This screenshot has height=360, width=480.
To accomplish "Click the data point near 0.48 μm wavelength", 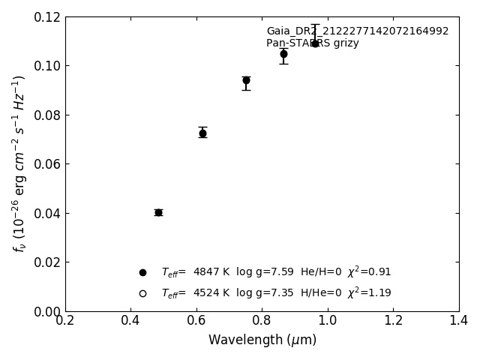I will tap(158, 212).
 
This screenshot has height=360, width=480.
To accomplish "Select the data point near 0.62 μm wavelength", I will tap(202, 133).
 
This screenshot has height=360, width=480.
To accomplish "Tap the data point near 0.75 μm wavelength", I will tap(246, 80).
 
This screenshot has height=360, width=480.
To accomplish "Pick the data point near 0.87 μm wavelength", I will tap(283, 54).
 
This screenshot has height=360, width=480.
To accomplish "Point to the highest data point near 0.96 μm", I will tap(315, 43).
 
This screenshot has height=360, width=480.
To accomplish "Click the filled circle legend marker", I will tap(142, 272).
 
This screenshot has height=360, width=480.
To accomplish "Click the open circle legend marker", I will tap(142, 293).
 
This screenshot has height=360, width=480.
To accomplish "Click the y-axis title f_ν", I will tap(19, 163).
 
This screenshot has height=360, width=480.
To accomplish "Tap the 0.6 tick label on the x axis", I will tap(196, 321).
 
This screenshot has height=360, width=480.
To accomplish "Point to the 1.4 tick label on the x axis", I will tap(459, 321).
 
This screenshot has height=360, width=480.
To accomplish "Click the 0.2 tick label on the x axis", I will tap(65, 321).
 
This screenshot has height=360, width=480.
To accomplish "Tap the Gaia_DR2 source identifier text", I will tap(357, 31).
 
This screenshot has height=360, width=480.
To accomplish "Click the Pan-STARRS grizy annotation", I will tap(312, 43).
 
